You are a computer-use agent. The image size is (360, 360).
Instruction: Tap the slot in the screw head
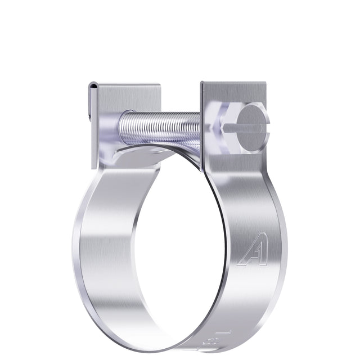pyautogui.click(x=250, y=126)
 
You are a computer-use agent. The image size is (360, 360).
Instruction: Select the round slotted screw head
pyautogui.click(x=250, y=126)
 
